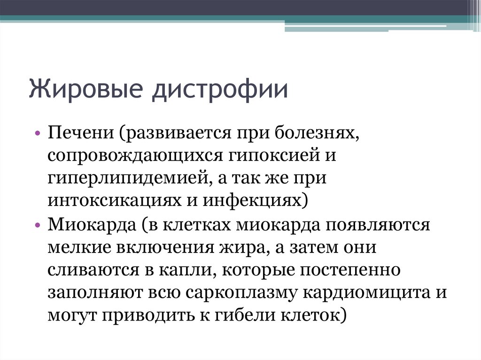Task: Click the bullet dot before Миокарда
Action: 38,225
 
